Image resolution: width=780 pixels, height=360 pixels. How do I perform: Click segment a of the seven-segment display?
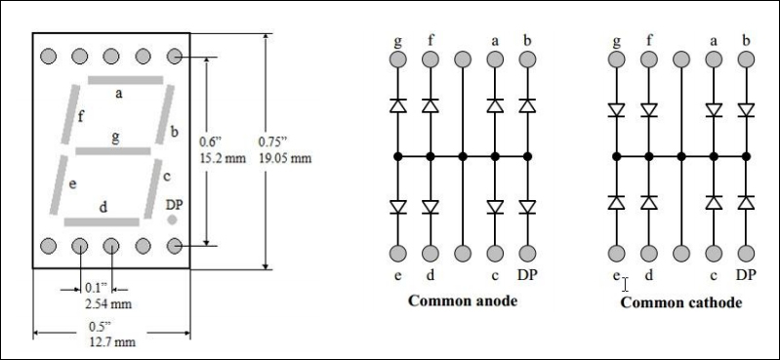126,78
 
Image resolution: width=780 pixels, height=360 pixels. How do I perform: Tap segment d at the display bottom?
102,222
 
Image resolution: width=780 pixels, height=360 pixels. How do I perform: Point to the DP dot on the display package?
173,220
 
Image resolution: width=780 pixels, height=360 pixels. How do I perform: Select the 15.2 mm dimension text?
222,156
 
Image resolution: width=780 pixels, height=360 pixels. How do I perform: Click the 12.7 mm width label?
111,342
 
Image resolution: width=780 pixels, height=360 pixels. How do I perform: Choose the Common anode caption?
462,300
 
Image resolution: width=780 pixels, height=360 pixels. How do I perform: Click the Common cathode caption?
680,301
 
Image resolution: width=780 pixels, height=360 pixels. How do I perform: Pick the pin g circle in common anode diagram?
397,60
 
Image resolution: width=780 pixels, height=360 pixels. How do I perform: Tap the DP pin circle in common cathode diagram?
746,254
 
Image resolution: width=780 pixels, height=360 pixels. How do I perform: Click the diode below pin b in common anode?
527,104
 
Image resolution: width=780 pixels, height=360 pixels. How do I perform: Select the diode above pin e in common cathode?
616,202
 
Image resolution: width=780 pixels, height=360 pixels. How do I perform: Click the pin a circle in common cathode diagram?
714,60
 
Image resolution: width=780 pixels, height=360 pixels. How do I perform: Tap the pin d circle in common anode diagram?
430,254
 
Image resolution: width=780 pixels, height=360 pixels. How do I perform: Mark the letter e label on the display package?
73,182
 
